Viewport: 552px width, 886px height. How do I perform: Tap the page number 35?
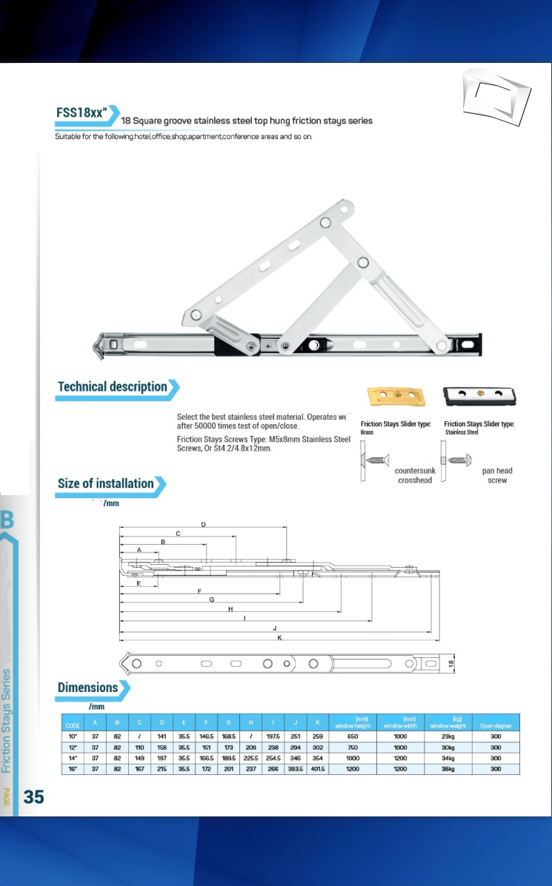[34, 796]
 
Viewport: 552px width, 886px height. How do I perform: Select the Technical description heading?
[113, 387]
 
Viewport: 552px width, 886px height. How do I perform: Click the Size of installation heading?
[106, 484]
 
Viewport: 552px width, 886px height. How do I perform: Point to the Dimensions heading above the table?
[88, 688]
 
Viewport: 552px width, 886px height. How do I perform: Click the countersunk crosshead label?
[415, 475]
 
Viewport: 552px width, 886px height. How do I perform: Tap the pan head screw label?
[497, 475]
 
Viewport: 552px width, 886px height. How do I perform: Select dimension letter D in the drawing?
[204, 524]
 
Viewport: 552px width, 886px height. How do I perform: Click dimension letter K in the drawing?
[279, 637]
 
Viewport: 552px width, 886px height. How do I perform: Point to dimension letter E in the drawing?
[139, 583]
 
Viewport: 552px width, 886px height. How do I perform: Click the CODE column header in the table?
[73, 725]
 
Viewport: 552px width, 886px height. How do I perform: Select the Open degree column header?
[496, 725]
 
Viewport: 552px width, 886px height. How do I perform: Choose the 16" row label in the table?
[73, 769]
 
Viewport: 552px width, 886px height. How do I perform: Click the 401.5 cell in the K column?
[317, 769]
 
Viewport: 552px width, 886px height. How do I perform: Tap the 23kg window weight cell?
[448, 736]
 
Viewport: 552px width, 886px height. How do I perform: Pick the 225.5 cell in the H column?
[251, 758]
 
